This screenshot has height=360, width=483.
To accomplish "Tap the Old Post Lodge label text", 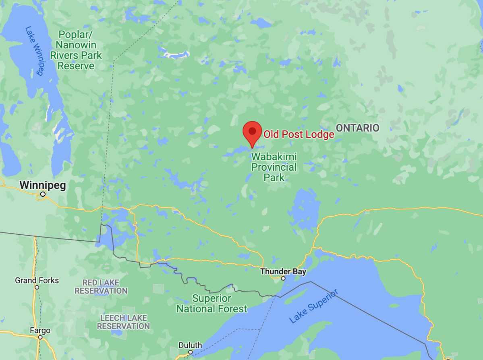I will tap(299, 134).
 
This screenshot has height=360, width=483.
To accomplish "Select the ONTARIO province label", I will tap(358, 128).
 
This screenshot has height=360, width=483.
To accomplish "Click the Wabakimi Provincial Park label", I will tap(274, 167).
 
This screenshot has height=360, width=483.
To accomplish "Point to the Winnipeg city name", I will tap(43, 186).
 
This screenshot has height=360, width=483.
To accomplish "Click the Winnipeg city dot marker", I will tap(43, 194).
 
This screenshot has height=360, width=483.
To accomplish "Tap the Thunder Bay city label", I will tap(283, 271).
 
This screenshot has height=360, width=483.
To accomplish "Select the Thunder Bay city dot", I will tap(283, 278).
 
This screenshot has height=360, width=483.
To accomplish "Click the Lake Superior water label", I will tap(314, 306).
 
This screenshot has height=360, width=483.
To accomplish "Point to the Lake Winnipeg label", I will tap(34, 51).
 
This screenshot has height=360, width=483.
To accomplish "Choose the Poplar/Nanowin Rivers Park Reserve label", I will tap(76, 50).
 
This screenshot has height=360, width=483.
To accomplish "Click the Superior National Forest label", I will tap(212, 304).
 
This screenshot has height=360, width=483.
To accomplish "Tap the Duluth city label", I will tap(190, 345).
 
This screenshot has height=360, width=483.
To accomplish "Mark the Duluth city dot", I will tap(191, 352).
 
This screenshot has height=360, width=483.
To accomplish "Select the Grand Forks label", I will tap(37, 280).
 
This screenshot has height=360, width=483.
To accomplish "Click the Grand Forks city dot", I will tap(37, 287).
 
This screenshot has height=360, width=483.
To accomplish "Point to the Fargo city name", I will tap(40, 331).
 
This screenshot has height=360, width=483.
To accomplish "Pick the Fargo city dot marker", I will tap(40, 337).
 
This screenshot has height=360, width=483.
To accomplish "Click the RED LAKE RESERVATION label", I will tap(101, 286).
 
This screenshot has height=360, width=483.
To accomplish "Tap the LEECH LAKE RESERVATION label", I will tap(123, 322).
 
